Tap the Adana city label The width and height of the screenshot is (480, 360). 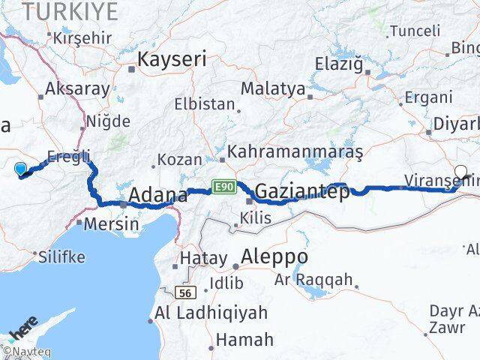(157, 196)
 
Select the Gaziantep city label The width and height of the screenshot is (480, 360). (302, 192)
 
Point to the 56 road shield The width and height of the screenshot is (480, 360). (186, 292)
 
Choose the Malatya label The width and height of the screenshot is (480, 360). (273, 88)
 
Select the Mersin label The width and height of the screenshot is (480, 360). (112, 223)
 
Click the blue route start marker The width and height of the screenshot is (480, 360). (20, 170)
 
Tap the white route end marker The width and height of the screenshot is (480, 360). (461, 172)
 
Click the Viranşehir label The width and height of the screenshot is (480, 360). (439, 180)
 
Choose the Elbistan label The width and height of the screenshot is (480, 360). (205, 104)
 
